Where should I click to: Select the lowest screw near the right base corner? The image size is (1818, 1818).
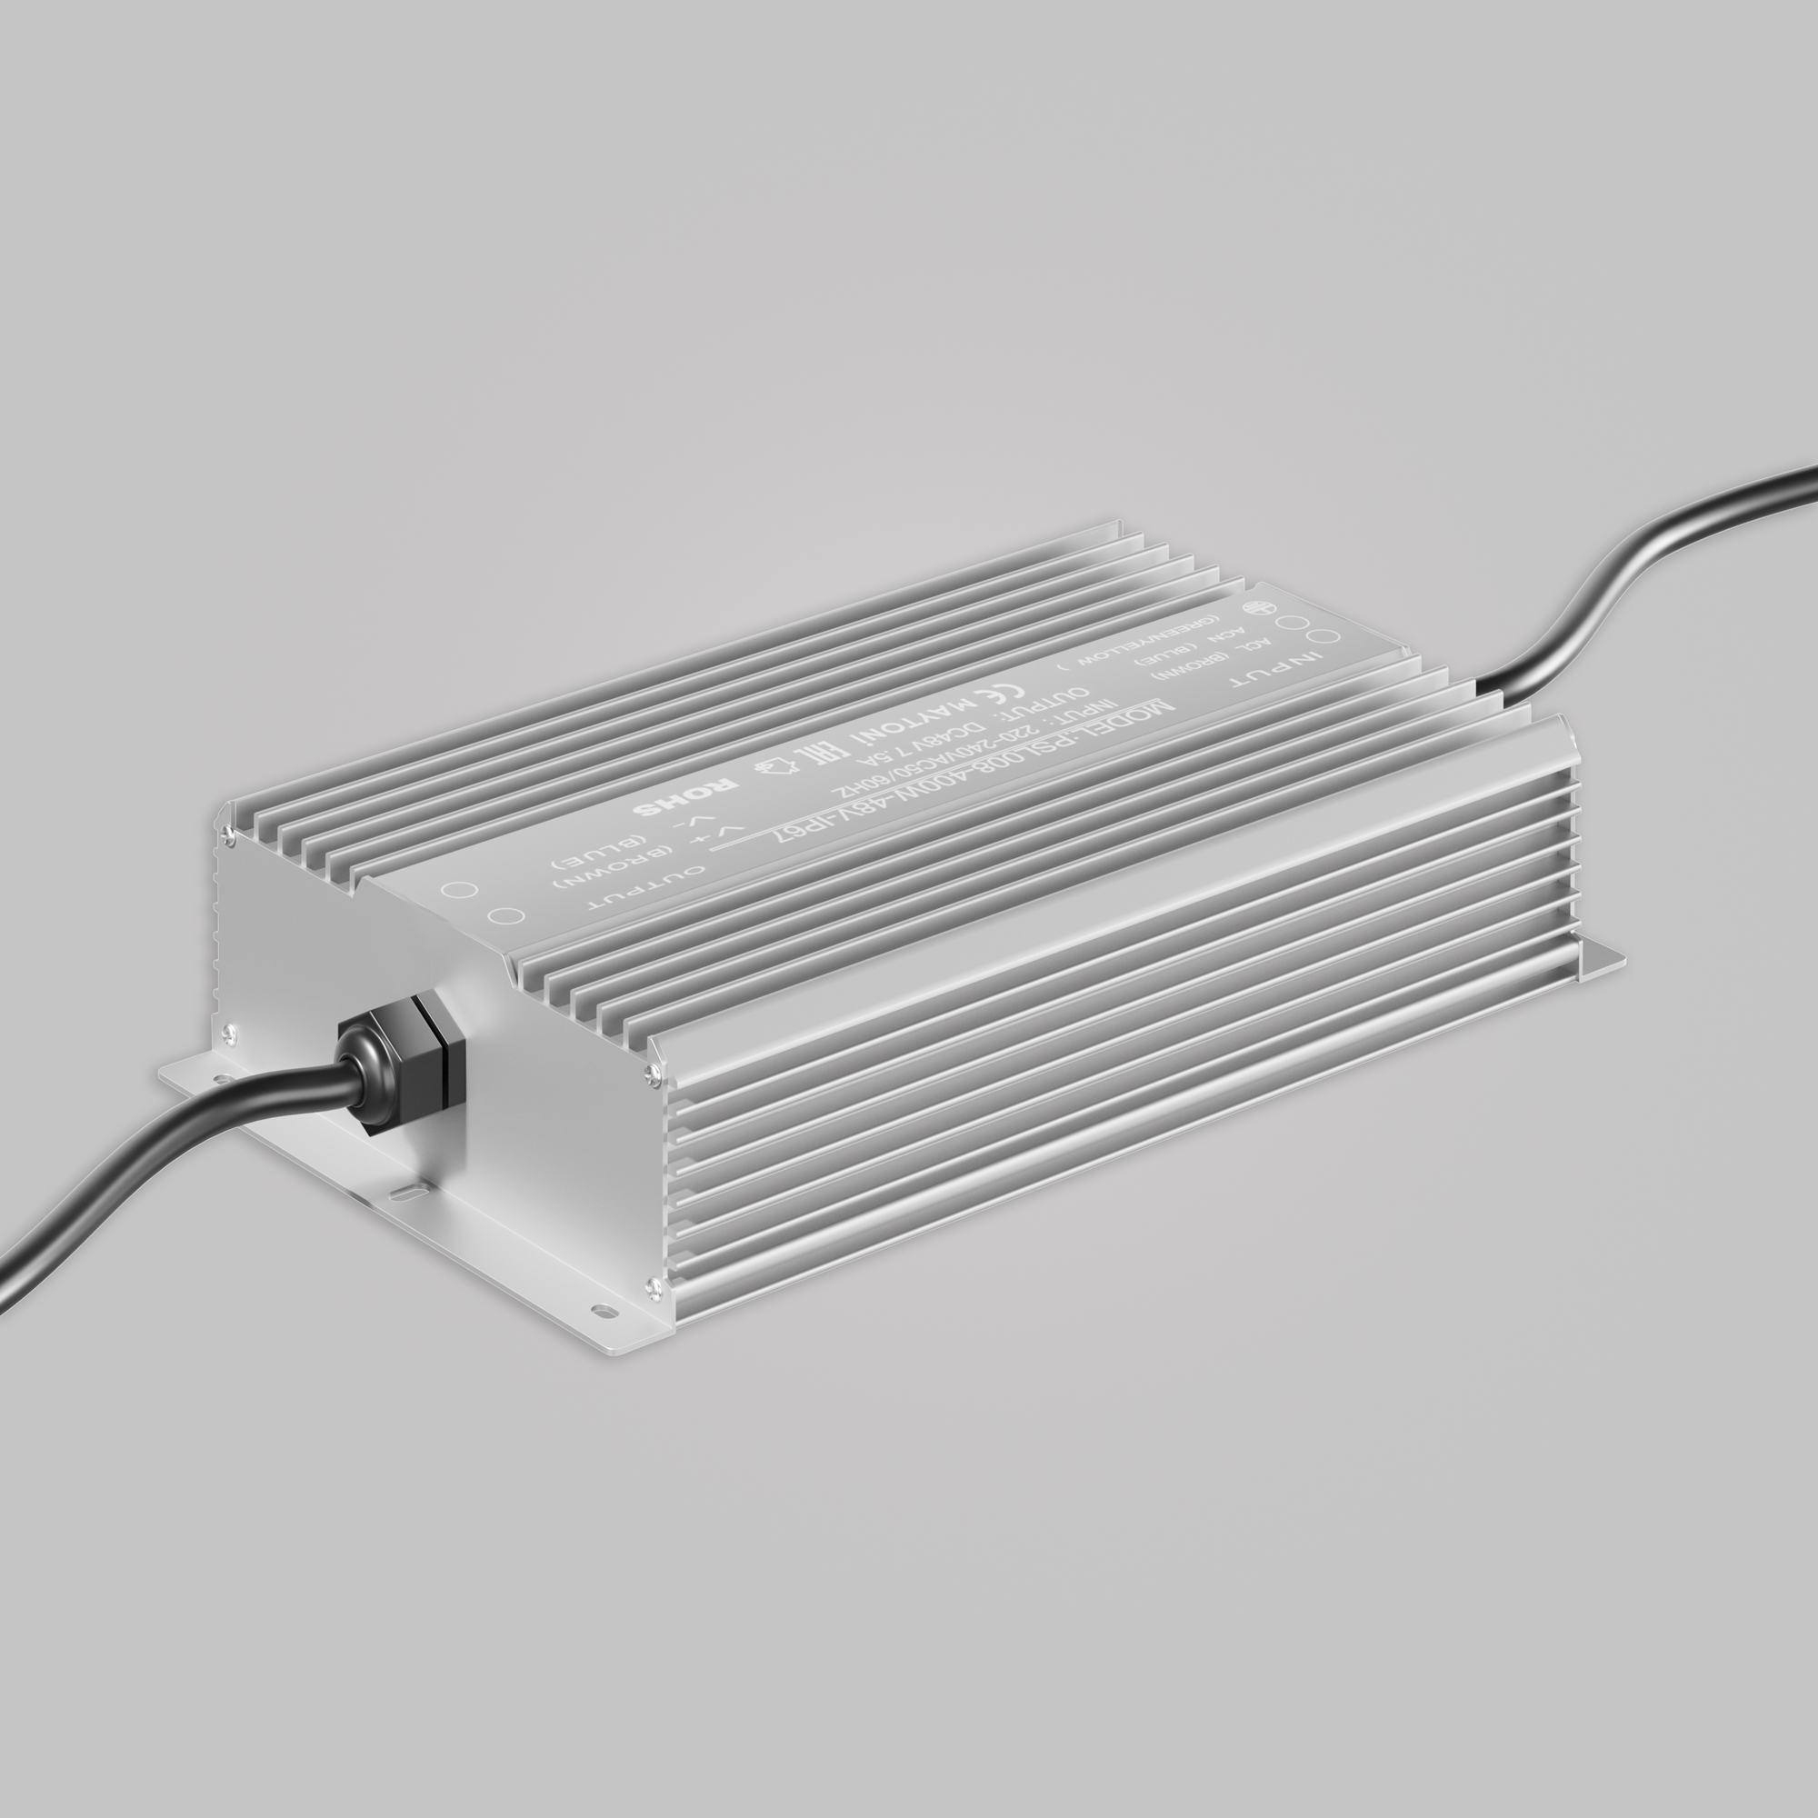pos(651,1283)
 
